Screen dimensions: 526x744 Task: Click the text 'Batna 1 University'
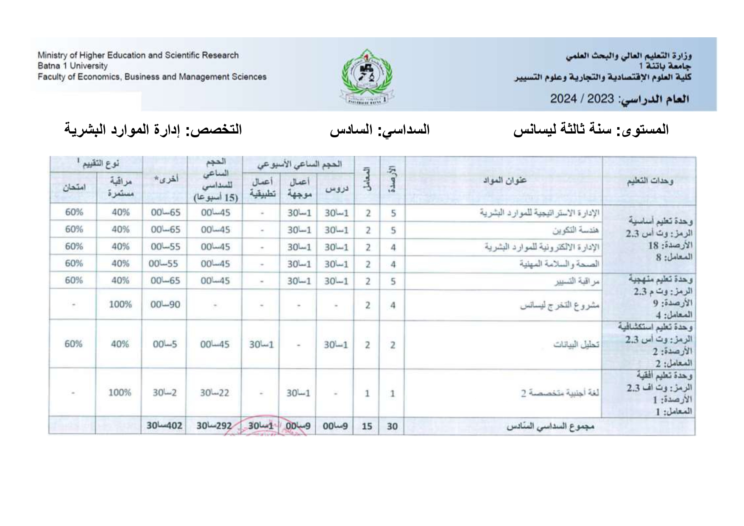[x=72, y=66]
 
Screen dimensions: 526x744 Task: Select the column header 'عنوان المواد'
[x=504, y=180]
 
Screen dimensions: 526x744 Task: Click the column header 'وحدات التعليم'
[x=649, y=181]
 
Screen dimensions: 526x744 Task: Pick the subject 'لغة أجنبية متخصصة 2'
[x=560, y=393]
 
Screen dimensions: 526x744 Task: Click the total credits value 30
[x=392, y=426]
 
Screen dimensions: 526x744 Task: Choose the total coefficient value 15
[x=367, y=426]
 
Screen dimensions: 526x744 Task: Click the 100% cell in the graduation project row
[x=120, y=304]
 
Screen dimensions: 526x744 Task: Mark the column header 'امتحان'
[x=74, y=188]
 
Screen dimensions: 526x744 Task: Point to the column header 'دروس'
[x=336, y=189]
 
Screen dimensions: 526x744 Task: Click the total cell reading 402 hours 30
[x=164, y=426]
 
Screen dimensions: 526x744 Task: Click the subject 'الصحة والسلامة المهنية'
[x=560, y=264]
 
